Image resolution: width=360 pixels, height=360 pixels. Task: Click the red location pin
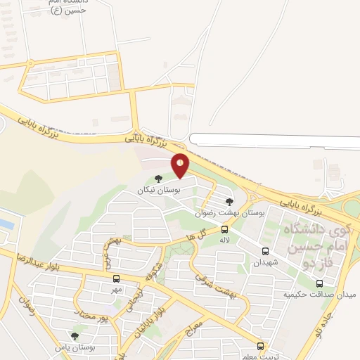point(181,165)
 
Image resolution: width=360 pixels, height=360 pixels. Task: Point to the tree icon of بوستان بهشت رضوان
point(229,202)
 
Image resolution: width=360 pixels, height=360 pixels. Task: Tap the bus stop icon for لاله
point(225,229)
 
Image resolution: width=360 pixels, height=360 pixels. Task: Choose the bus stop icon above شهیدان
point(265,251)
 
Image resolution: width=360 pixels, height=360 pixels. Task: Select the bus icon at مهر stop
point(116,278)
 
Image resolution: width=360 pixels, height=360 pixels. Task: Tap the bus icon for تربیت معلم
point(261,346)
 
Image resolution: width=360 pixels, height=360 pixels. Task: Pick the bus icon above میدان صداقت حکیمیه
point(319,283)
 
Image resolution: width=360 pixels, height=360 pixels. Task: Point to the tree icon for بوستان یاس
point(75,335)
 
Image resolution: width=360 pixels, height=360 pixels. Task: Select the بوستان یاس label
point(79,347)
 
